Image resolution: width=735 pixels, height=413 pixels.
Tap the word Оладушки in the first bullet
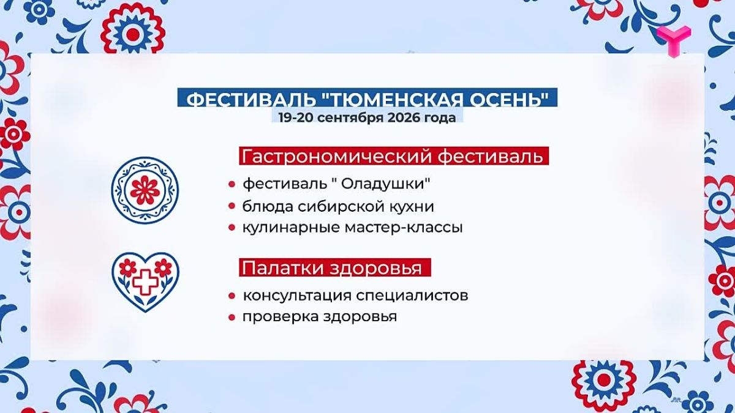[x=383, y=184]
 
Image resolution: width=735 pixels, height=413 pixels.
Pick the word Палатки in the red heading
[x=283, y=268]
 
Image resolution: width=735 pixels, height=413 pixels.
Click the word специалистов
[x=412, y=296]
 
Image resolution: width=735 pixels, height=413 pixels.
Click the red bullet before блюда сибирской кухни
[x=232, y=207]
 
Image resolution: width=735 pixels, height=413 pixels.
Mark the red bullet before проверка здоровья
[x=232, y=317]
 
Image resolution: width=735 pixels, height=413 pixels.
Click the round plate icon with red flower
[x=145, y=190]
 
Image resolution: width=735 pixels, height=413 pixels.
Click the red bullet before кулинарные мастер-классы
[x=232, y=228]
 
